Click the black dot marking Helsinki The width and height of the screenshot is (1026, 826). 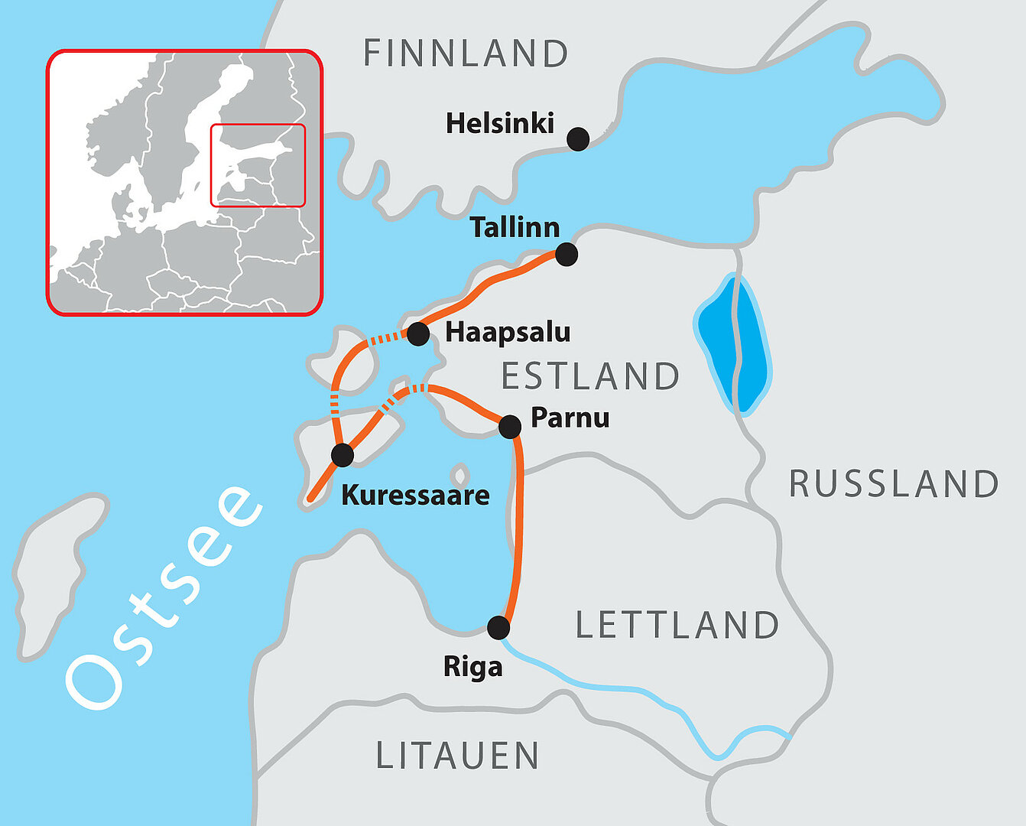coord(578,139)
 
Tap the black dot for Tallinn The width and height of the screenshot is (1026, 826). coord(566,254)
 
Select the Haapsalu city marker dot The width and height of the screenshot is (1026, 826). coord(418,334)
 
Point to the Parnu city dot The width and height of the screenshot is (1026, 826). coord(510,426)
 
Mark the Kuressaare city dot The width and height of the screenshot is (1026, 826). coord(343,455)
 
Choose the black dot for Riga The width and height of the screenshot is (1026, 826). coord(498,628)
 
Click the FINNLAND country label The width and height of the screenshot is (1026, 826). coord(466,54)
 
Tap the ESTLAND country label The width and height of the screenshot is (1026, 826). coord(590,376)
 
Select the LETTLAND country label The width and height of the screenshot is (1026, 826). coord(677,626)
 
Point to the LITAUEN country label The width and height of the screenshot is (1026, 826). coord(458,756)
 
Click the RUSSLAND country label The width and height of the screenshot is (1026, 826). coord(894,484)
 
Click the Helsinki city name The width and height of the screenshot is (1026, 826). coord(500,123)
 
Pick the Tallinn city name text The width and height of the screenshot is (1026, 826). coord(515,227)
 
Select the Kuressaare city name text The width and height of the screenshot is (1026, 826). coord(415,495)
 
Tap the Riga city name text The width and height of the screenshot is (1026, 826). coord(473,667)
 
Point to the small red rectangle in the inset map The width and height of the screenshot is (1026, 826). coord(258,165)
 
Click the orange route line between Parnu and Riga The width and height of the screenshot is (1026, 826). coord(517,528)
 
